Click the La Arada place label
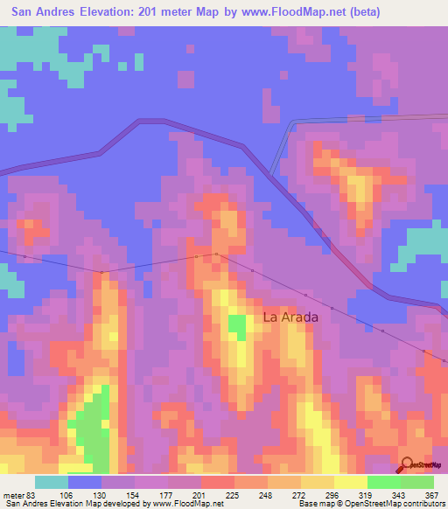(290, 317)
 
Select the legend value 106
(67, 495)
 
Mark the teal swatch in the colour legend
(52, 482)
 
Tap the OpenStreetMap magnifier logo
(408, 464)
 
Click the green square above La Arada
(237, 326)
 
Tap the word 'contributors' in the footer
(420, 504)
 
